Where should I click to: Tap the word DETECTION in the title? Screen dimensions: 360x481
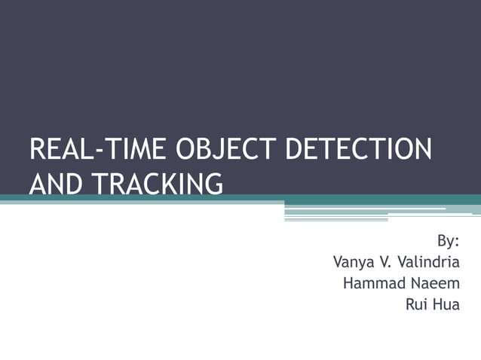click(359, 149)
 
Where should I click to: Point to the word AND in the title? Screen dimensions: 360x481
click(53, 183)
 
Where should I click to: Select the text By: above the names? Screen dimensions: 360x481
click(449, 242)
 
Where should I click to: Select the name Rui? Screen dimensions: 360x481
click(417, 305)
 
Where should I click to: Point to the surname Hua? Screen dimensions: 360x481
click(447, 305)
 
